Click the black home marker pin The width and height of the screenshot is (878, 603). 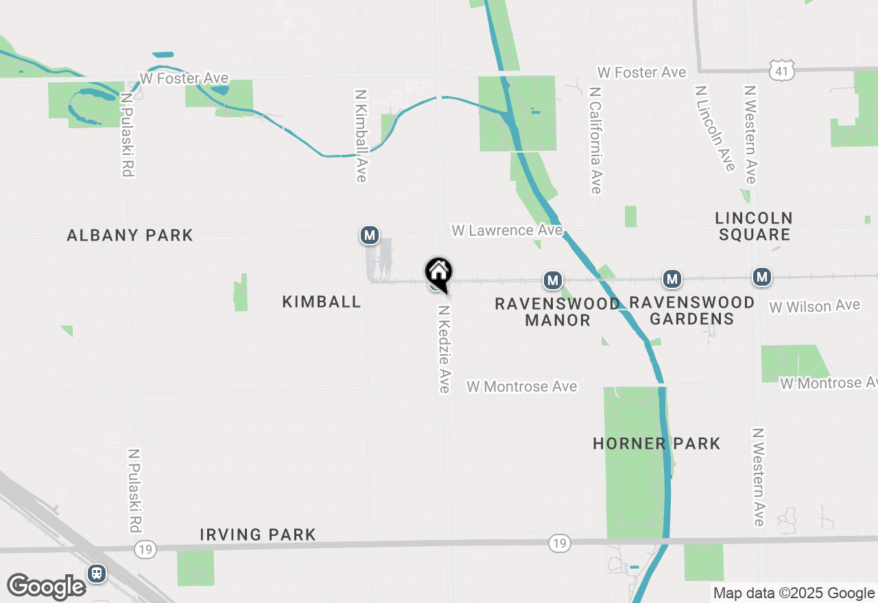click(x=438, y=273)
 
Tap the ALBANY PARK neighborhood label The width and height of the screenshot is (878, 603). click(x=130, y=236)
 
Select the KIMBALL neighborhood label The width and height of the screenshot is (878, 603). click(x=322, y=301)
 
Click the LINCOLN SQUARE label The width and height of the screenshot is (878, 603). click(x=754, y=226)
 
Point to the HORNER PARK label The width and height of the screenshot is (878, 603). click(x=656, y=443)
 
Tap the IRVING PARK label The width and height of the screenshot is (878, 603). click(x=258, y=534)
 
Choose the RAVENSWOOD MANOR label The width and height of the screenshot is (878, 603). click(x=557, y=312)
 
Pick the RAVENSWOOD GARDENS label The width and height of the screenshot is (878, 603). click(x=691, y=310)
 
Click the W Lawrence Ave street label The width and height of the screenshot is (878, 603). click(x=507, y=230)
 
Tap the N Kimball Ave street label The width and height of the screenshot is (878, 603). click(x=361, y=136)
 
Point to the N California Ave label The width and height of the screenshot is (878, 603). click(x=595, y=140)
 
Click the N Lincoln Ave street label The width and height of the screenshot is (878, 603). click(x=714, y=128)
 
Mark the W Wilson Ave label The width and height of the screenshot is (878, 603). click(x=814, y=306)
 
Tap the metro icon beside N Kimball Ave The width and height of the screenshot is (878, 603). click(x=370, y=236)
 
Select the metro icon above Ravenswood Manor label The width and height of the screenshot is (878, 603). click(x=553, y=280)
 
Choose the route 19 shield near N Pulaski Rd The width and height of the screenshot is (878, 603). click(x=145, y=549)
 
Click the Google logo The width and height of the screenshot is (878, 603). click(x=46, y=587)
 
